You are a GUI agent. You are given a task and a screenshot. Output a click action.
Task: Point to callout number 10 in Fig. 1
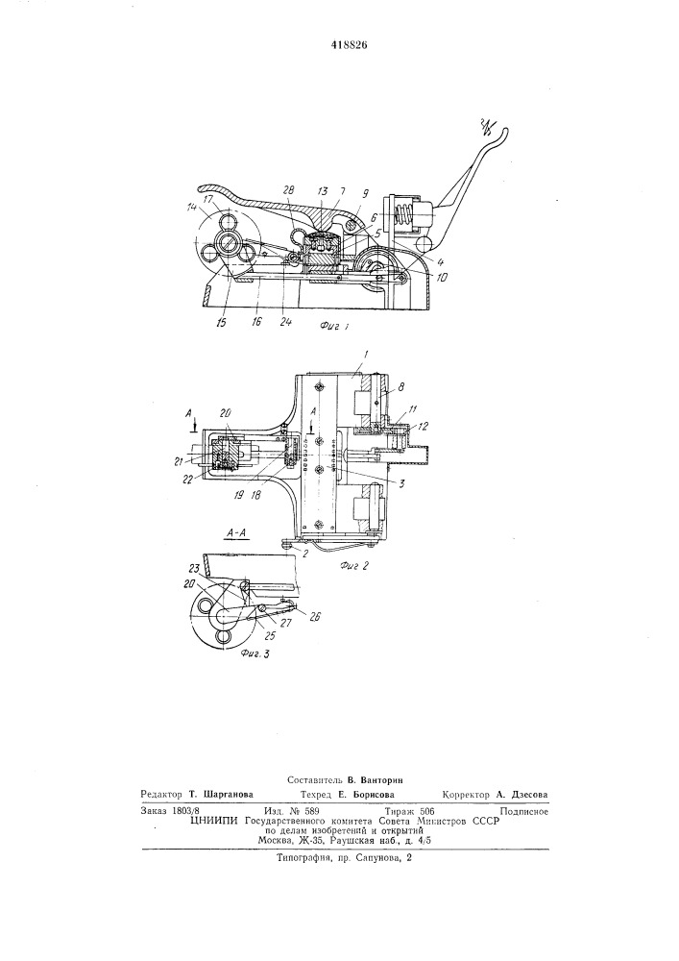[442, 277]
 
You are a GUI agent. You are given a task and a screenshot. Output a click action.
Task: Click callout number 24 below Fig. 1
[286, 321]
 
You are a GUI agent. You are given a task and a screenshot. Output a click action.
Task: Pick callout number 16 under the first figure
[255, 321]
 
